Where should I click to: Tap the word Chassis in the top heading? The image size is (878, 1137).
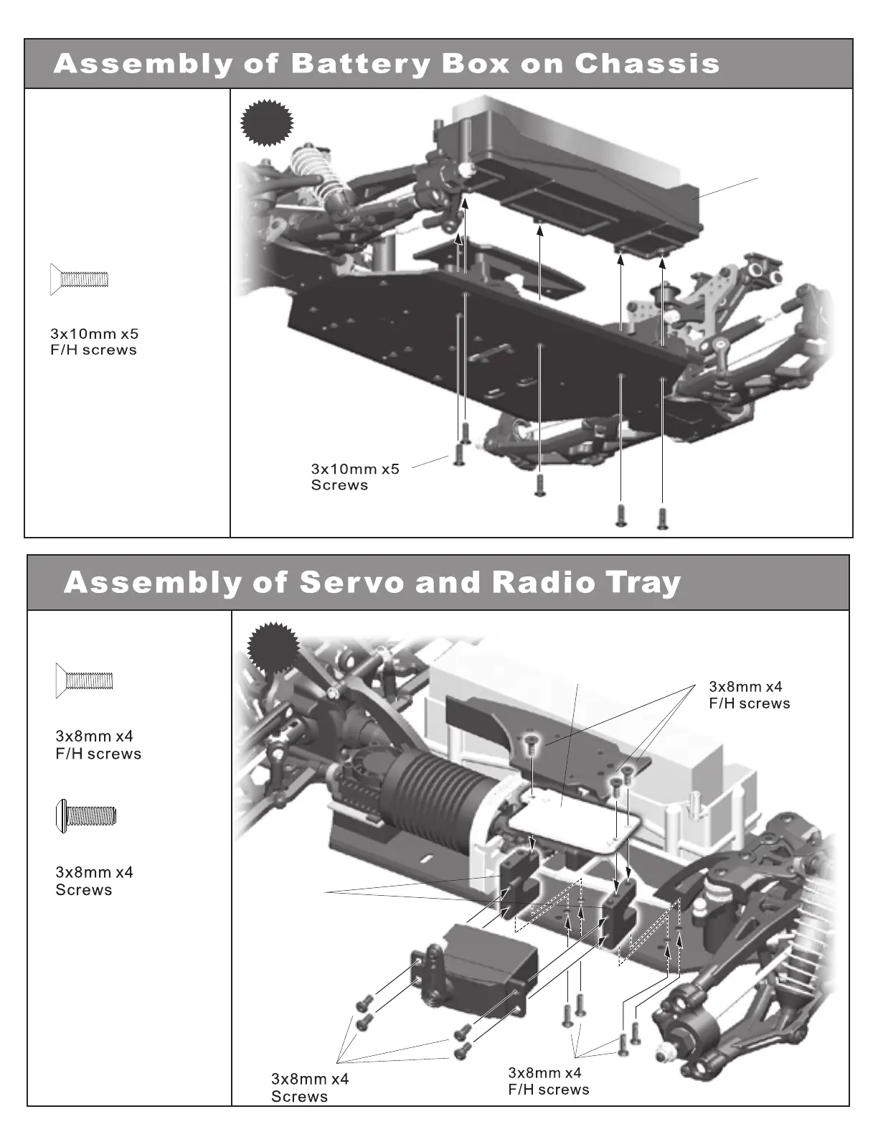point(646,64)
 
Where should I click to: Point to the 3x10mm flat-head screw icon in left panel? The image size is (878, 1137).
point(79,279)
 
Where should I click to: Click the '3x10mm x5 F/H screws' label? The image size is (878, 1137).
point(94,342)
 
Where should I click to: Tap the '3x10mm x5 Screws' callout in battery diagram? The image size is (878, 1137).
point(354,477)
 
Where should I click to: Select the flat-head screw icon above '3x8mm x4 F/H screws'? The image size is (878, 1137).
point(85,680)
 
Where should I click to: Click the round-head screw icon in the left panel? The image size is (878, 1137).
point(85,815)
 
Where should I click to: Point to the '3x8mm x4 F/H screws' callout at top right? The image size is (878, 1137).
point(749,695)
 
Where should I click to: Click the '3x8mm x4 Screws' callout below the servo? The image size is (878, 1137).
point(309,1087)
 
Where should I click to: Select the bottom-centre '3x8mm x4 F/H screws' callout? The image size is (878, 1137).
point(548,1081)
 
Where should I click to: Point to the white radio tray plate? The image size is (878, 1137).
point(567,819)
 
